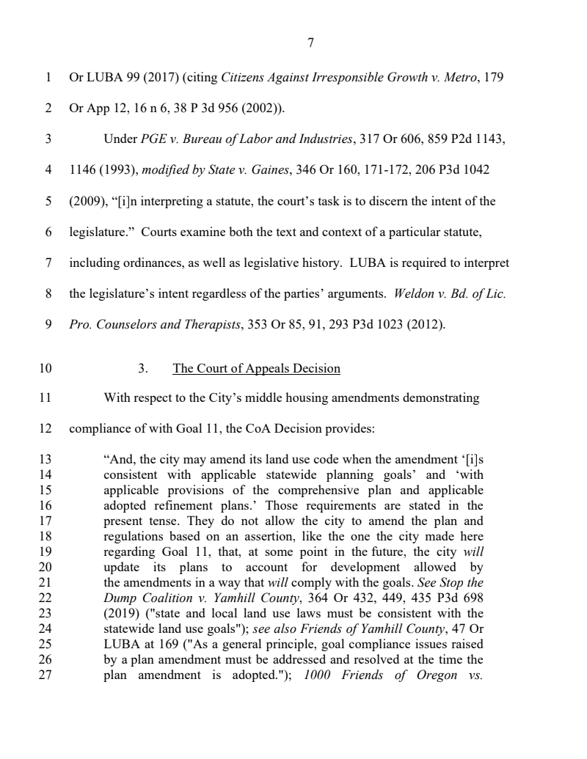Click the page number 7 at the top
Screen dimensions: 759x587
coord(310,43)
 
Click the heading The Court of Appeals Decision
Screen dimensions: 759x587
coord(256,368)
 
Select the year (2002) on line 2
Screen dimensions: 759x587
coord(263,108)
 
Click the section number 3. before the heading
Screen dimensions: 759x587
coord(143,368)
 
